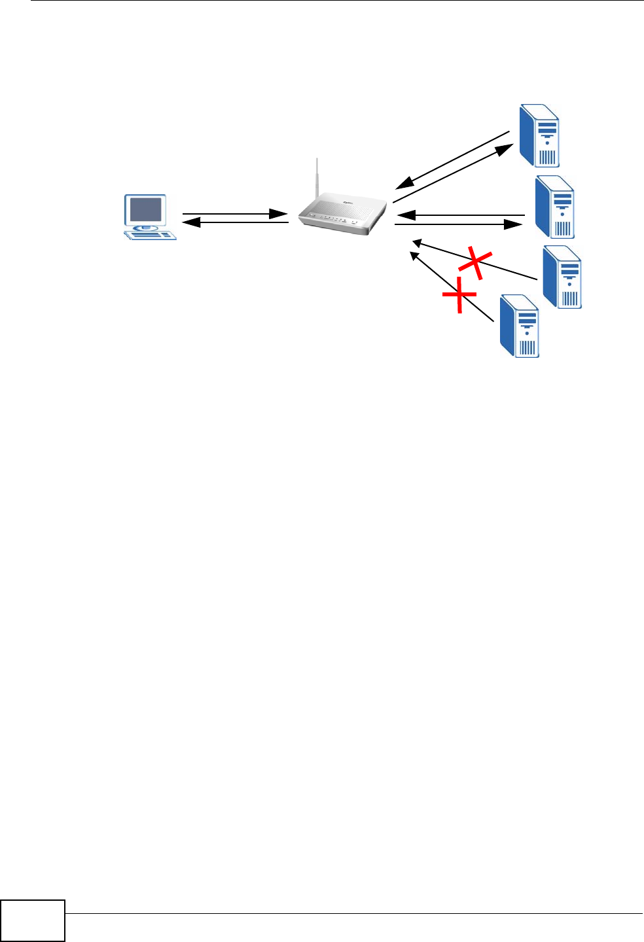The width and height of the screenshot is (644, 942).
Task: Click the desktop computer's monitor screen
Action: (x=146, y=211)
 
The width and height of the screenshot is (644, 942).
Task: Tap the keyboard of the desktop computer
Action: (x=152, y=234)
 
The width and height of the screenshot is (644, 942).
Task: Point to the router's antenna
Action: (x=316, y=177)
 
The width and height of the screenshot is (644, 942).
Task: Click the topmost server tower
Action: (x=539, y=135)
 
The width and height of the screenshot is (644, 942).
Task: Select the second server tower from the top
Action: (x=555, y=207)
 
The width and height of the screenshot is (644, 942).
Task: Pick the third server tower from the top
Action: (x=562, y=277)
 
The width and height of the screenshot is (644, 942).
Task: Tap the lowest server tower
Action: (x=520, y=326)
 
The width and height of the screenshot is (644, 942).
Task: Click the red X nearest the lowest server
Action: (x=459, y=295)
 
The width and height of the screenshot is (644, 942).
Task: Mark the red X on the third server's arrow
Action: (x=475, y=262)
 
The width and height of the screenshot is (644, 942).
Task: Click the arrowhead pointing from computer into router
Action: (x=279, y=214)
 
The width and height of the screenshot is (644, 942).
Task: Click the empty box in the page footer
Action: (x=33, y=920)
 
